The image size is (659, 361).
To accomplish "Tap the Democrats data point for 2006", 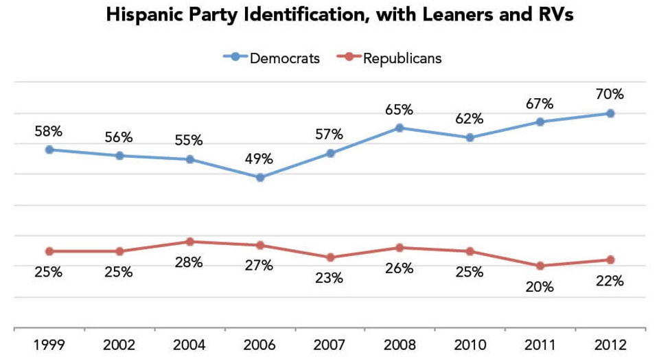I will [260, 178].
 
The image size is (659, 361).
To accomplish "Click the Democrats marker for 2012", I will [610, 113].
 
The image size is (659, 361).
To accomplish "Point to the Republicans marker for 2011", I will [540, 266].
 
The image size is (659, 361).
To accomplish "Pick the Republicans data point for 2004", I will [190, 242].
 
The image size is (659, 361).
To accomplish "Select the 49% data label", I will [259, 159].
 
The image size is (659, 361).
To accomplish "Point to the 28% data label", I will [189, 262].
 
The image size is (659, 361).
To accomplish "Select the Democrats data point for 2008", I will [400, 128].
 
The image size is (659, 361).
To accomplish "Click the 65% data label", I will [399, 109].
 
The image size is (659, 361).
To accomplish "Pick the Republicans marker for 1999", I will [49, 251].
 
